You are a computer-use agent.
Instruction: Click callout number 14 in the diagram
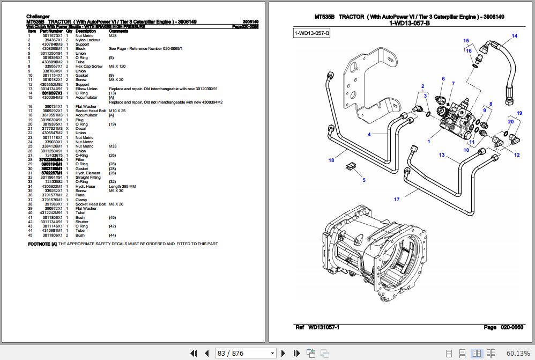[x=514, y=36]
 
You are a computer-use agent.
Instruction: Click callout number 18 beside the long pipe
[x=331, y=160]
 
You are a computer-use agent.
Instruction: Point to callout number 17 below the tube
[x=397, y=200]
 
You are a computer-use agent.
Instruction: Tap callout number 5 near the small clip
[x=364, y=180]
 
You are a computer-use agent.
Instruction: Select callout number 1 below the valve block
[x=429, y=142]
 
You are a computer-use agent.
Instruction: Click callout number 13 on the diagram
[x=442, y=155]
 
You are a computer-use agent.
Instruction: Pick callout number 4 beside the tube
[x=369, y=135]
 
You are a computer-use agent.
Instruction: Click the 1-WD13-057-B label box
[x=313, y=34]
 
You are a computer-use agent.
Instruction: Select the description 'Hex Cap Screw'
[x=88, y=67]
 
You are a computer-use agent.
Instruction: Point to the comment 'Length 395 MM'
[x=122, y=186]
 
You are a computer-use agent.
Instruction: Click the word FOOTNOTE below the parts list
[x=39, y=244]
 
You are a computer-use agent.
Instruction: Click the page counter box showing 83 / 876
[x=245, y=353]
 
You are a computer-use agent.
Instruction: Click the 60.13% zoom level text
[x=518, y=353]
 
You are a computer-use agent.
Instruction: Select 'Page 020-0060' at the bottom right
[x=503, y=327]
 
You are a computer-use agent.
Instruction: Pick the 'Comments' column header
[x=117, y=31]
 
